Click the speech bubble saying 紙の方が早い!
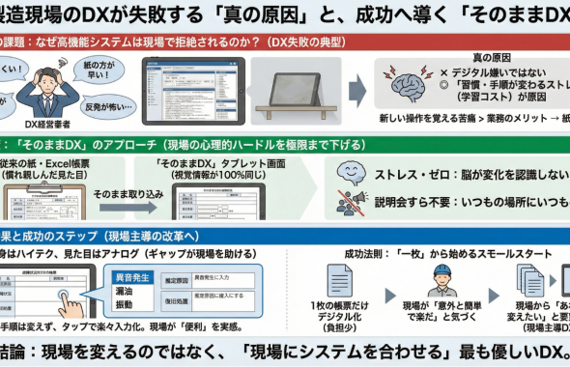105,68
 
